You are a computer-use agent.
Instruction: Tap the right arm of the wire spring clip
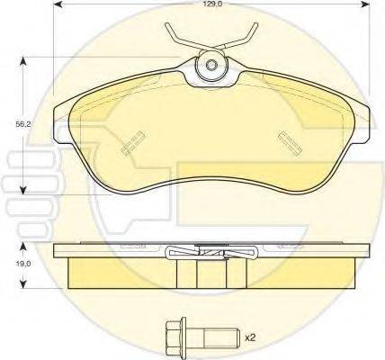pos(243,35)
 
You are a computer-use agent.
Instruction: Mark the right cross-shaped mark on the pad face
pos(290,139)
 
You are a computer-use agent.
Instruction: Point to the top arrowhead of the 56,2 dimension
pos(22,60)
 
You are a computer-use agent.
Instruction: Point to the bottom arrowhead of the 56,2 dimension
pos(22,190)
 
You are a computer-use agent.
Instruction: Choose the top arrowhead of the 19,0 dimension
pos(22,244)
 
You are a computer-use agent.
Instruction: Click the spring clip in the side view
pos(212,253)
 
